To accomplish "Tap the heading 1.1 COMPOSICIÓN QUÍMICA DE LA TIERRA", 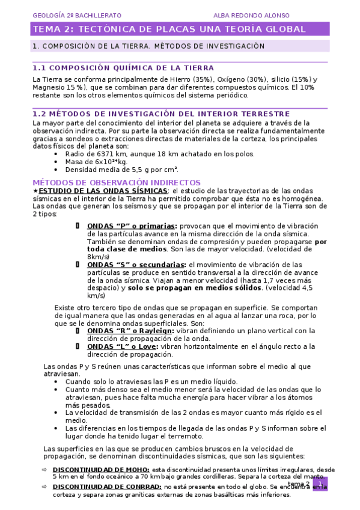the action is [123, 68].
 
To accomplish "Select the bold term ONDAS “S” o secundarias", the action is [136, 265].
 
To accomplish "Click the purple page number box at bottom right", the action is [320, 484].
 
